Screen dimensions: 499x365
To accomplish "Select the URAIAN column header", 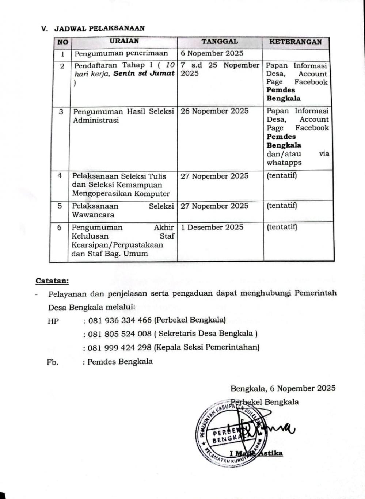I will coord(124,41).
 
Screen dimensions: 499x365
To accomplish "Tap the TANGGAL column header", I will coord(220,42).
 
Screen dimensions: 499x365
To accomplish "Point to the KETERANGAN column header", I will coord(296,42).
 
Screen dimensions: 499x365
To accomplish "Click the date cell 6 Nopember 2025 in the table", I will coord(212,53).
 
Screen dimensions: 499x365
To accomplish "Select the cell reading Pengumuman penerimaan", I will coord(121,53).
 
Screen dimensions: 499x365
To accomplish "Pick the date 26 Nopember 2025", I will coord(214,111).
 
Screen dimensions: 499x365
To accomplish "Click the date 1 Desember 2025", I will coord(212,227).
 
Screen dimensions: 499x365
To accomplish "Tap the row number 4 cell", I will coord(60,176).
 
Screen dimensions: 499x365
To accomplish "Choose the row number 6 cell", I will coord(59,228).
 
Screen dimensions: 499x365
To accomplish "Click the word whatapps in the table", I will coord(284,163).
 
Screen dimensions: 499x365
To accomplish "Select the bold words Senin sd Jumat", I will coord(144,73).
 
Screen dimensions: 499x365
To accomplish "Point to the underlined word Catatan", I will coord(52,281).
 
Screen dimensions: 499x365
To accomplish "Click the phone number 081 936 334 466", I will coord(120,320).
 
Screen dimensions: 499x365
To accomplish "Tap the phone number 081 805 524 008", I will coord(120,334).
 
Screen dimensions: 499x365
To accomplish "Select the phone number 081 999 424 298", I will coord(120,347).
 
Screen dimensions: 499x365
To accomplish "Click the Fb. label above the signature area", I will coord(53,362).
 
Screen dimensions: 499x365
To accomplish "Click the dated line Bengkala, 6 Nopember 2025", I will coord(283,388).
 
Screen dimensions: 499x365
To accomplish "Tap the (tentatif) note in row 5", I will coord(282,206).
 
